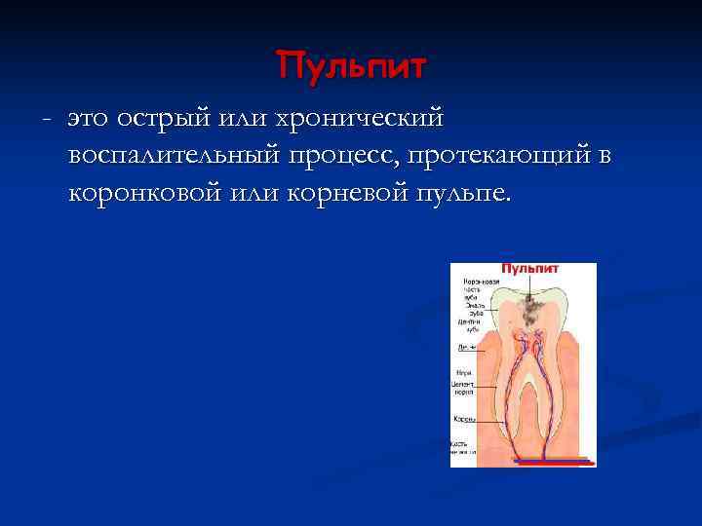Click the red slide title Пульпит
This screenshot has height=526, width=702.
coord(352,66)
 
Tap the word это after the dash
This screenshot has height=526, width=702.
coord(89,119)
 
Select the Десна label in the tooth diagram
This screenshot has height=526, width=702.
coord(465,346)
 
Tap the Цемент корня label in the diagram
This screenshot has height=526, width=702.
coord(463,388)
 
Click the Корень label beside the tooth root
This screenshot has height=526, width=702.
coord(463,419)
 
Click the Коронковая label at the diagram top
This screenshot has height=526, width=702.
coord(481,282)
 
